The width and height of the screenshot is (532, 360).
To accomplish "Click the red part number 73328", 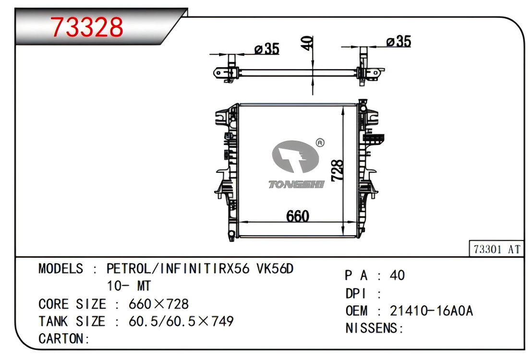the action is (x=87, y=27).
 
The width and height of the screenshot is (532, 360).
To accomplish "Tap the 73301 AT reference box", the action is (x=497, y=250).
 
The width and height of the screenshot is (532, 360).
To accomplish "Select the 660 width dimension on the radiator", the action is (x=298, y=216).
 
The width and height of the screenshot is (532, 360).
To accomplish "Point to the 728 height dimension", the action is (x=337, y=170).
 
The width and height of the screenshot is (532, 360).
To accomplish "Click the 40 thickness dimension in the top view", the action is (x=307, y=43).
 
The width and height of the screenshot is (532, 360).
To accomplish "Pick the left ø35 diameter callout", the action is (x=266, y=48).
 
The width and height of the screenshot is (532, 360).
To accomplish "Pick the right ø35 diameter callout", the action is (x=399, y=41).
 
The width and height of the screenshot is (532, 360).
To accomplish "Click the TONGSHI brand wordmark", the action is (x=297, y=184).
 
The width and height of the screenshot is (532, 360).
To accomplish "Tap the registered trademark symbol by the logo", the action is (x=320, y=143).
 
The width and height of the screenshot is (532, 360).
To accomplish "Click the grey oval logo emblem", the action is (x=295, y=156).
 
